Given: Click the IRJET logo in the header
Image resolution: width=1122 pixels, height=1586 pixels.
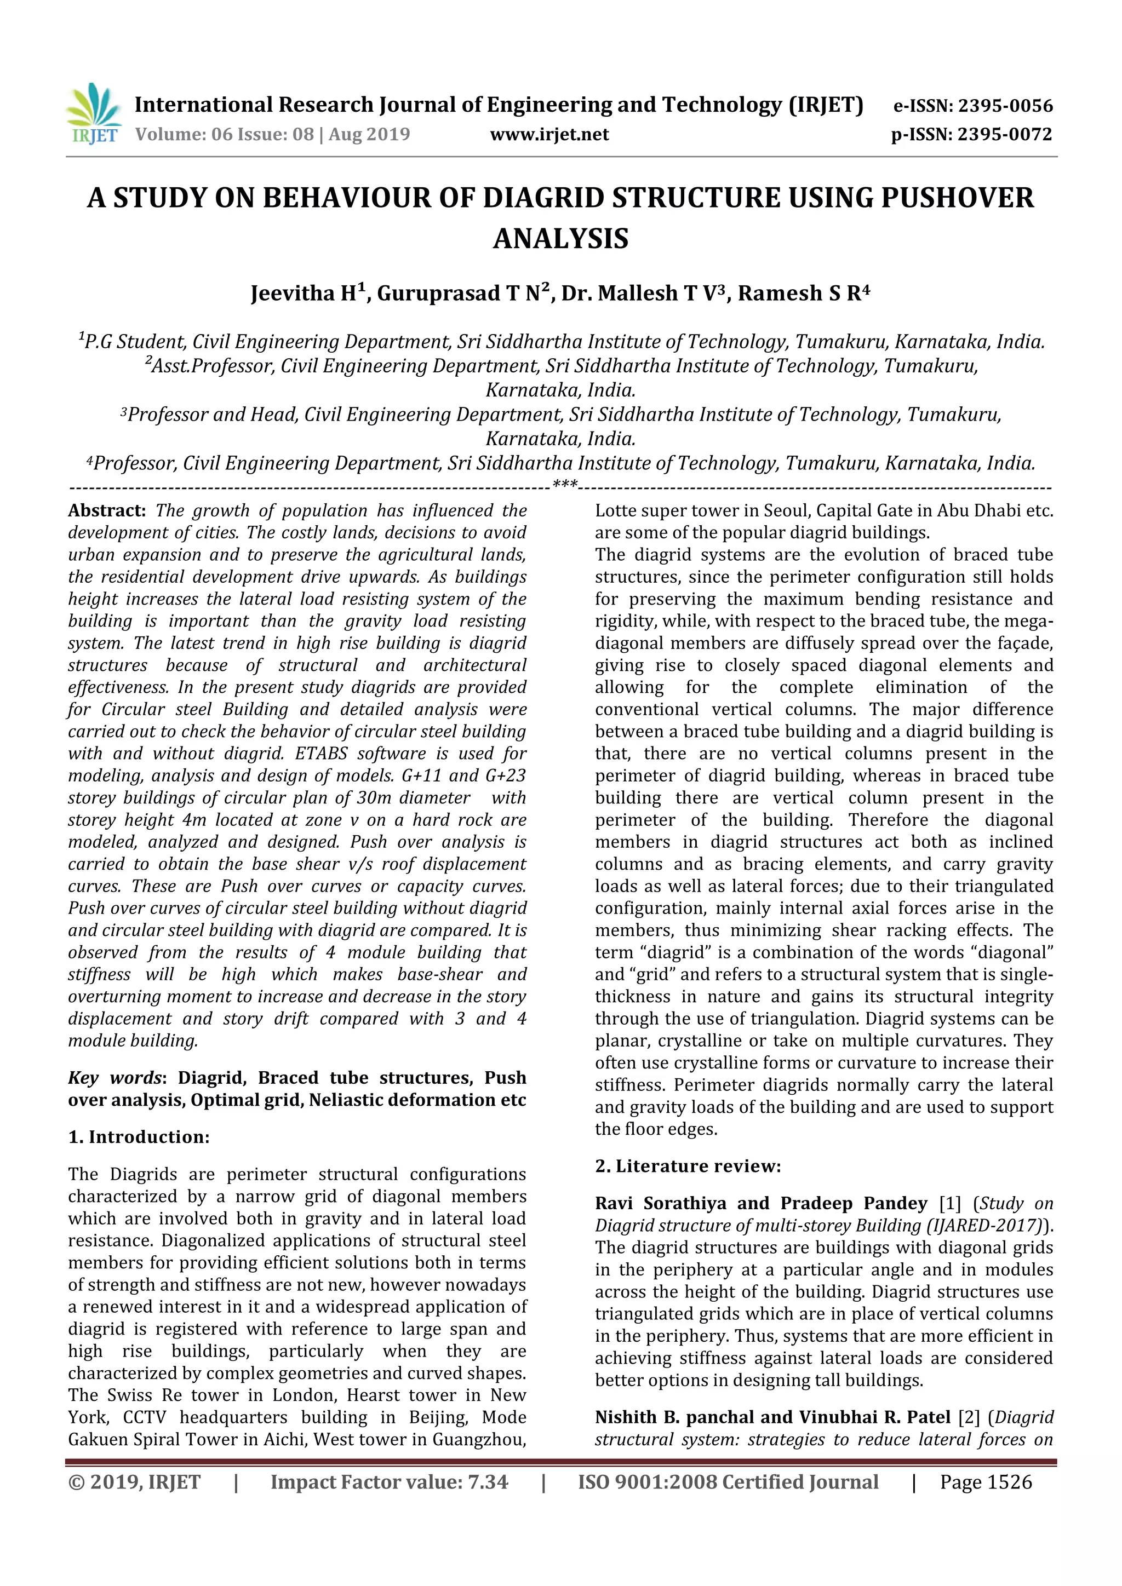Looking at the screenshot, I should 93,114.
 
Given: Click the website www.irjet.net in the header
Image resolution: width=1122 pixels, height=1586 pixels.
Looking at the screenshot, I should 549,135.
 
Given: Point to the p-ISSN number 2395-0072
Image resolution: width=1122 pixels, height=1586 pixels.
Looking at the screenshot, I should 1005,135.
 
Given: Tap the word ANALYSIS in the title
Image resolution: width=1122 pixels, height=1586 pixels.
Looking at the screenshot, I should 560,239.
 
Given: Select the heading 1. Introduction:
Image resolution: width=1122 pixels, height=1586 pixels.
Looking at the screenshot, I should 138,1137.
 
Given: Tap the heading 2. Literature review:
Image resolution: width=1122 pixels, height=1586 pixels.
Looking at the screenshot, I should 688,1166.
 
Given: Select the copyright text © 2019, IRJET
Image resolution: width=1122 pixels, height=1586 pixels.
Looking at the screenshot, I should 134,1482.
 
